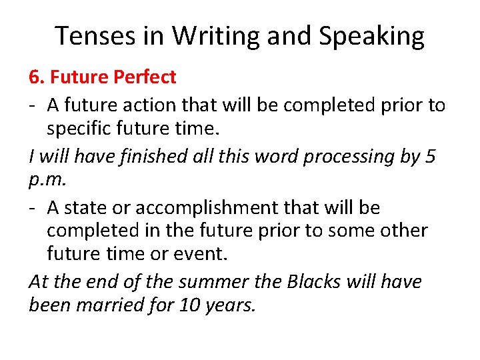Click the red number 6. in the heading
click(37, 77)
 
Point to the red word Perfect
click(145, 77)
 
